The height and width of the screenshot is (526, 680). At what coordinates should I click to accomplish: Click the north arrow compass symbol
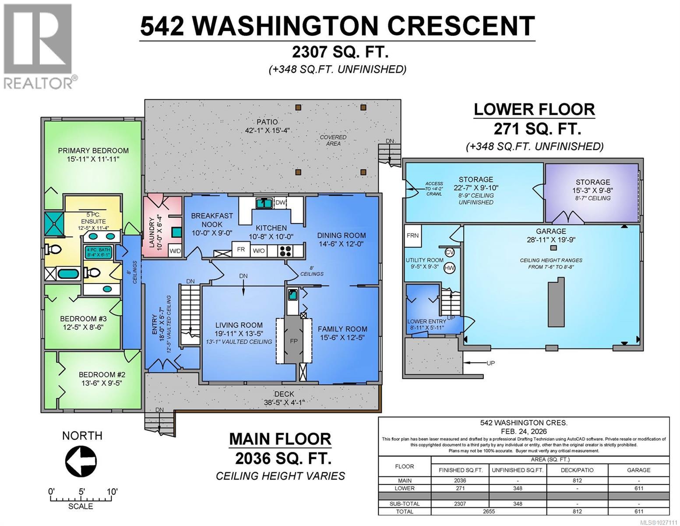click(81, 461)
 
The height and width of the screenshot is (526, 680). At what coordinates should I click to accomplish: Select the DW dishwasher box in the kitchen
click(280, 203)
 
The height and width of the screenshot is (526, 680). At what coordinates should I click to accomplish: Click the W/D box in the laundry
click(175, 251)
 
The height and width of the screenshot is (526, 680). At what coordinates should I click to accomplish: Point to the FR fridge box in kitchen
click(241, 249)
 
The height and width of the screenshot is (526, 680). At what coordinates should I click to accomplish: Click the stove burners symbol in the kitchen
click(286, 251)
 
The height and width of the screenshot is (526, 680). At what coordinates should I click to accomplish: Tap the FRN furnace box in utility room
click(412, 235)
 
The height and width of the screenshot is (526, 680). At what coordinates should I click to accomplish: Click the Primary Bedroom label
click(93, 150)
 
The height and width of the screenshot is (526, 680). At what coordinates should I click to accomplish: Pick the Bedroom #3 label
click(84, 319)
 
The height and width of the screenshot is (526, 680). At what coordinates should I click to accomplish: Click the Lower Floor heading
click(534, 110)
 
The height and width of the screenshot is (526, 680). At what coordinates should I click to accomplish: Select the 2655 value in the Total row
click(489, 511)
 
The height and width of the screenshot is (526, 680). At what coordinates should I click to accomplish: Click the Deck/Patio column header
click(577, 470)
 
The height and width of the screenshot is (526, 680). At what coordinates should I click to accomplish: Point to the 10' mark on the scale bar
click(112, 492)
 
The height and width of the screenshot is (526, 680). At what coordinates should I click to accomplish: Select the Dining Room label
click(342, 235)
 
